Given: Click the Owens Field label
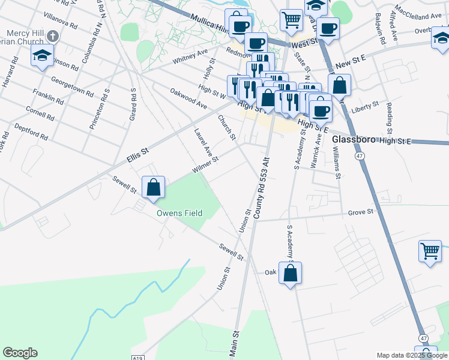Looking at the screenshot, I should pos(179,213).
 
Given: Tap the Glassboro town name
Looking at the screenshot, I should pos(354,139).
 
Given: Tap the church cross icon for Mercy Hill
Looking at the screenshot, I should pos(53,35).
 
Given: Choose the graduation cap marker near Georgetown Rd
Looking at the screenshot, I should pos(41,56).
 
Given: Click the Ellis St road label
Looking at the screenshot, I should pos(137,155).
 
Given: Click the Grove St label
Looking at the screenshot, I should pos(361,212).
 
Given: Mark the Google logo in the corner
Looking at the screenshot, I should pos(20,353).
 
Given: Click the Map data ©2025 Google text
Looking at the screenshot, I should pos(412,356).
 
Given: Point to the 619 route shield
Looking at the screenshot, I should pos(136,357).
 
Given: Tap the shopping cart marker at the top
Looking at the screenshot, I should pos(291,19).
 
